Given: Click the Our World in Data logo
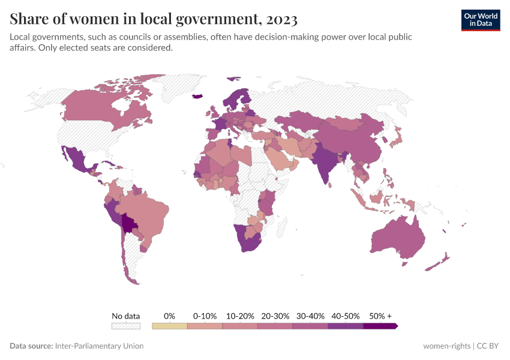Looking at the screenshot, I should [x=480, y=20].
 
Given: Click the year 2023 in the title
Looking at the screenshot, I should [x=280, y=20].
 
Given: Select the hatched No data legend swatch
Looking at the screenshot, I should [x=125, y=326].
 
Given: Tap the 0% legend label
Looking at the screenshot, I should [x=169, y=316].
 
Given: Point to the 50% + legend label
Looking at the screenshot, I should [x=380, y=316].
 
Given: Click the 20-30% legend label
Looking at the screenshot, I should [x=275, y=316].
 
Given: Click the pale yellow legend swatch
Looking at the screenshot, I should [x=169, y=326].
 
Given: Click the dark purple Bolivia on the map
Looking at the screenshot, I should [x=128, y=225].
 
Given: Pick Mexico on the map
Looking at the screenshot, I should [x=78, y=159].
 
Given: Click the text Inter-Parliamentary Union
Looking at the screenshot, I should [x=99, y=346].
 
